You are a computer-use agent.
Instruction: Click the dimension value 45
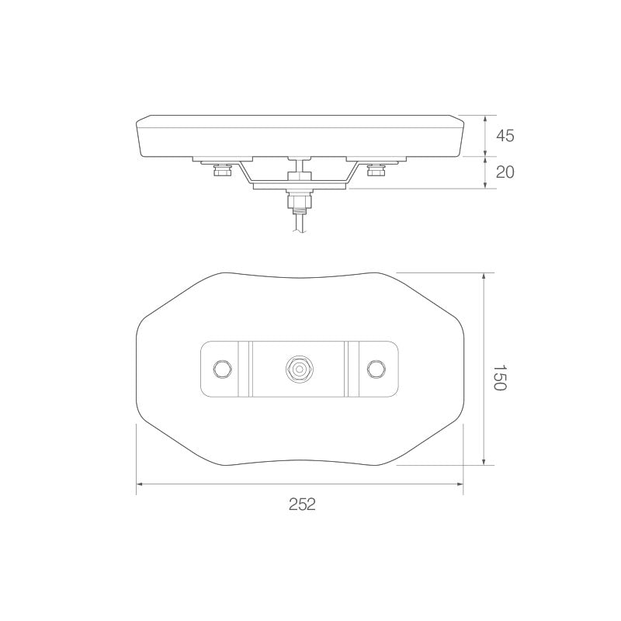[505, 137]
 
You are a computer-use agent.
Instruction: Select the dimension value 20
[505, 172]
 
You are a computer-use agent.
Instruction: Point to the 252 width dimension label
[301, 504]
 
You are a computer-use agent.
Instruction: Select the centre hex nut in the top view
[299, 368]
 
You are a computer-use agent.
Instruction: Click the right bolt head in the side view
[377, 172]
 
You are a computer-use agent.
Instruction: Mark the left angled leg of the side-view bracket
[244, 173]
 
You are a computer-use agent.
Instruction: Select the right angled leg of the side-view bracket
[354, 173]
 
